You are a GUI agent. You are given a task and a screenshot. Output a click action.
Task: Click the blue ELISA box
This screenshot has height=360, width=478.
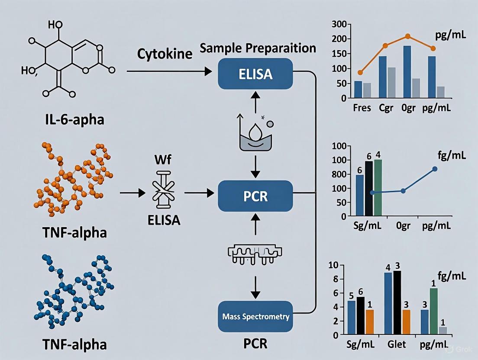[255, 74]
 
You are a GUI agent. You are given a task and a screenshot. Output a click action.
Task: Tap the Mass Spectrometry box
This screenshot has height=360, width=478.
[255, 317]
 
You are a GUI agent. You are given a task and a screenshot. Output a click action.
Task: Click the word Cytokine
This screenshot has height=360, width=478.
[165, 54]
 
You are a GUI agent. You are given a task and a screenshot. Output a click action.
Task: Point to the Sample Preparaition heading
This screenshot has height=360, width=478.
[258, 48]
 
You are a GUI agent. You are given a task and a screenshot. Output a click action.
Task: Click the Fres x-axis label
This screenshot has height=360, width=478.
[362, 108]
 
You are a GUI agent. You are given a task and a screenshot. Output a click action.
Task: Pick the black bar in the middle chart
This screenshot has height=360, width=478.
[368, 188]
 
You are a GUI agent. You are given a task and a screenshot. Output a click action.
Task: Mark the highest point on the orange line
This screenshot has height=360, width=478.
[407, 36]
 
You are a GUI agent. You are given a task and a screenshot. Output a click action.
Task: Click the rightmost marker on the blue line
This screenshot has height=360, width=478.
[435, 169]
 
